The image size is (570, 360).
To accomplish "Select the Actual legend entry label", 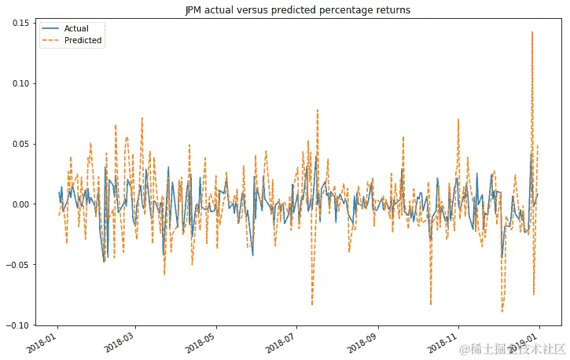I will pos(76,28).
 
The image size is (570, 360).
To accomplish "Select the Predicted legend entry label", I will pos(83,40).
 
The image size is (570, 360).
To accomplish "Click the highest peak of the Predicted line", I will pos(532,32).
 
